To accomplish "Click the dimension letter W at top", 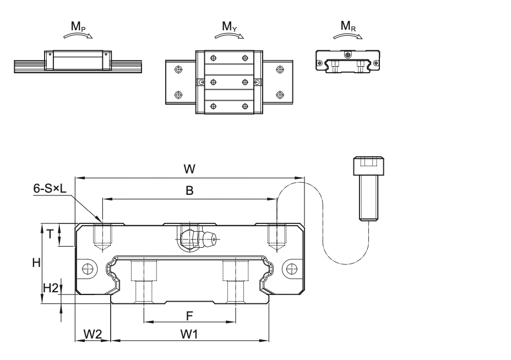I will point(188,170).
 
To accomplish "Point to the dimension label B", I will point(189,191).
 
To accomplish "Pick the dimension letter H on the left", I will point(35,263).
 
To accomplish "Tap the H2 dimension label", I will point(50,287).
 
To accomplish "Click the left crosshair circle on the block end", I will point(87,268).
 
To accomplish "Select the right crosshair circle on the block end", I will point(291,268).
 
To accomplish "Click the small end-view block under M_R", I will point(346,61).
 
